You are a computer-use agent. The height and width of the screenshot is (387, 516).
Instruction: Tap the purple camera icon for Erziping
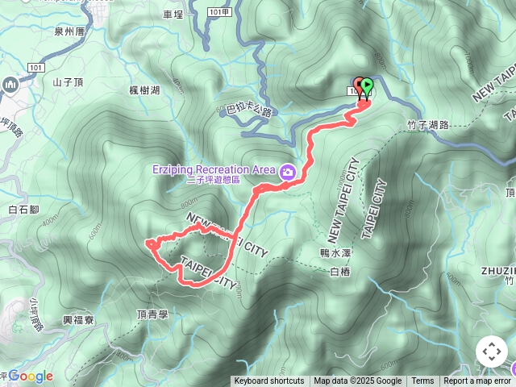click(287, 171)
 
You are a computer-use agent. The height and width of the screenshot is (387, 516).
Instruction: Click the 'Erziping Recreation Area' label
click(213, 169)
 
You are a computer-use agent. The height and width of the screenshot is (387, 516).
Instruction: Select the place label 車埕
click(173, 14)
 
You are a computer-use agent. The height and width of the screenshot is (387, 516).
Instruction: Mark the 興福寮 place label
click(78, 320)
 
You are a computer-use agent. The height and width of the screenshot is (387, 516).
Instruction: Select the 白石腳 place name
click(23, 210)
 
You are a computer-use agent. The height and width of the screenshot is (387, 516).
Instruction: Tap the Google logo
click(30, 376)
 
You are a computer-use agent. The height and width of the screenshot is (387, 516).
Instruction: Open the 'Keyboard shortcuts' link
click(269, 381)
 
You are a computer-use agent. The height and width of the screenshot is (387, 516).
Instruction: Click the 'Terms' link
click(422, 381)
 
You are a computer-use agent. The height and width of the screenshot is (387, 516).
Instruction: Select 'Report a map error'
click(477, 381)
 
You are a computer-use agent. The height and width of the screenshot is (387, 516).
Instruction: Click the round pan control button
click(492, 352)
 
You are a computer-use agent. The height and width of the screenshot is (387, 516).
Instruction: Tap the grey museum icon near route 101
click(10, 84)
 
